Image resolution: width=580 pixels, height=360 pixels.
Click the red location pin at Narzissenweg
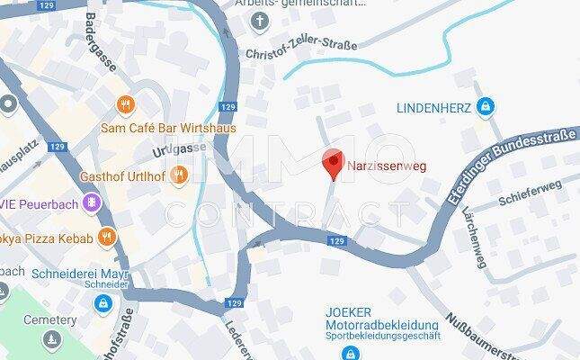[x=333, y=163]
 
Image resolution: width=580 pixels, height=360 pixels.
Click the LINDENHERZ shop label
[x=434, y=108]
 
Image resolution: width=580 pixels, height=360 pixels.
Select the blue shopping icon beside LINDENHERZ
[x=485, y=107]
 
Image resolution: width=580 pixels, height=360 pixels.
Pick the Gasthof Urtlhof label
[x=125, y=175]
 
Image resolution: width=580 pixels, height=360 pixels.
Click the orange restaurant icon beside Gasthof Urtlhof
[x=179, y=174]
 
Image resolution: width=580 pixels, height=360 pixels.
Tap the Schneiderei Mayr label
[x=80, y=273]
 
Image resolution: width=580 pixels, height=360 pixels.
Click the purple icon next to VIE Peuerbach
[x=91, y=203]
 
